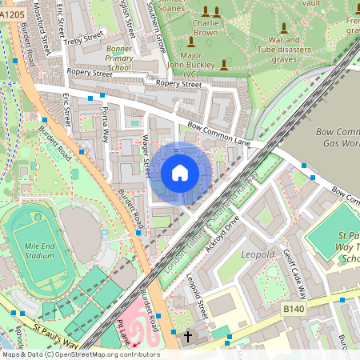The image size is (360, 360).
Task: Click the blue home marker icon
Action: pos(180,173)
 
